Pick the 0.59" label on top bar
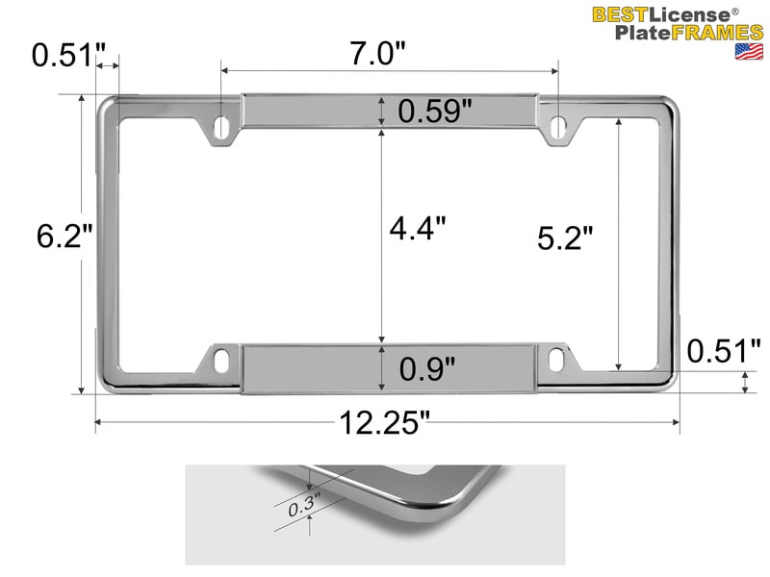pos(435,112)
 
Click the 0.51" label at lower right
pos(724,351)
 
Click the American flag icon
pos(749,51)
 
